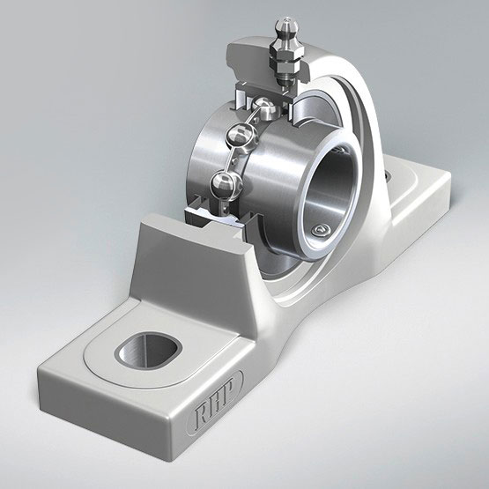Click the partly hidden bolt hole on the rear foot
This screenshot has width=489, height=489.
388,179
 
